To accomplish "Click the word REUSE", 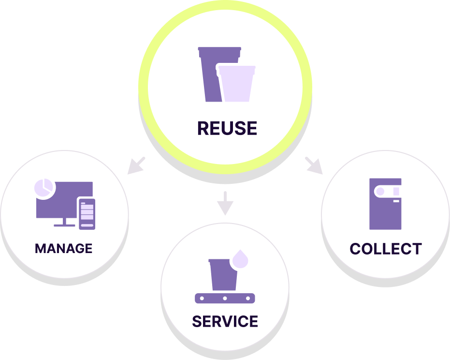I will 227,128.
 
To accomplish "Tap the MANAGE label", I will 63,249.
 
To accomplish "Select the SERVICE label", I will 225,321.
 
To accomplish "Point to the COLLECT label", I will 385,249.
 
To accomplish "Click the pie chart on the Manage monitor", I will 44,188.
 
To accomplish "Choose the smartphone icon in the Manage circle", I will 87,213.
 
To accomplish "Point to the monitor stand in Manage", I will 64,223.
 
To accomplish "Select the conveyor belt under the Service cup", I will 225,298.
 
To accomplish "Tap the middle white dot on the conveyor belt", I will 225,298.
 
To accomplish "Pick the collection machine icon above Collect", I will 385,204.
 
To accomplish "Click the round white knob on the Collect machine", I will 380,192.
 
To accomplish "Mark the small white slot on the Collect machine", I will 396,200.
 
